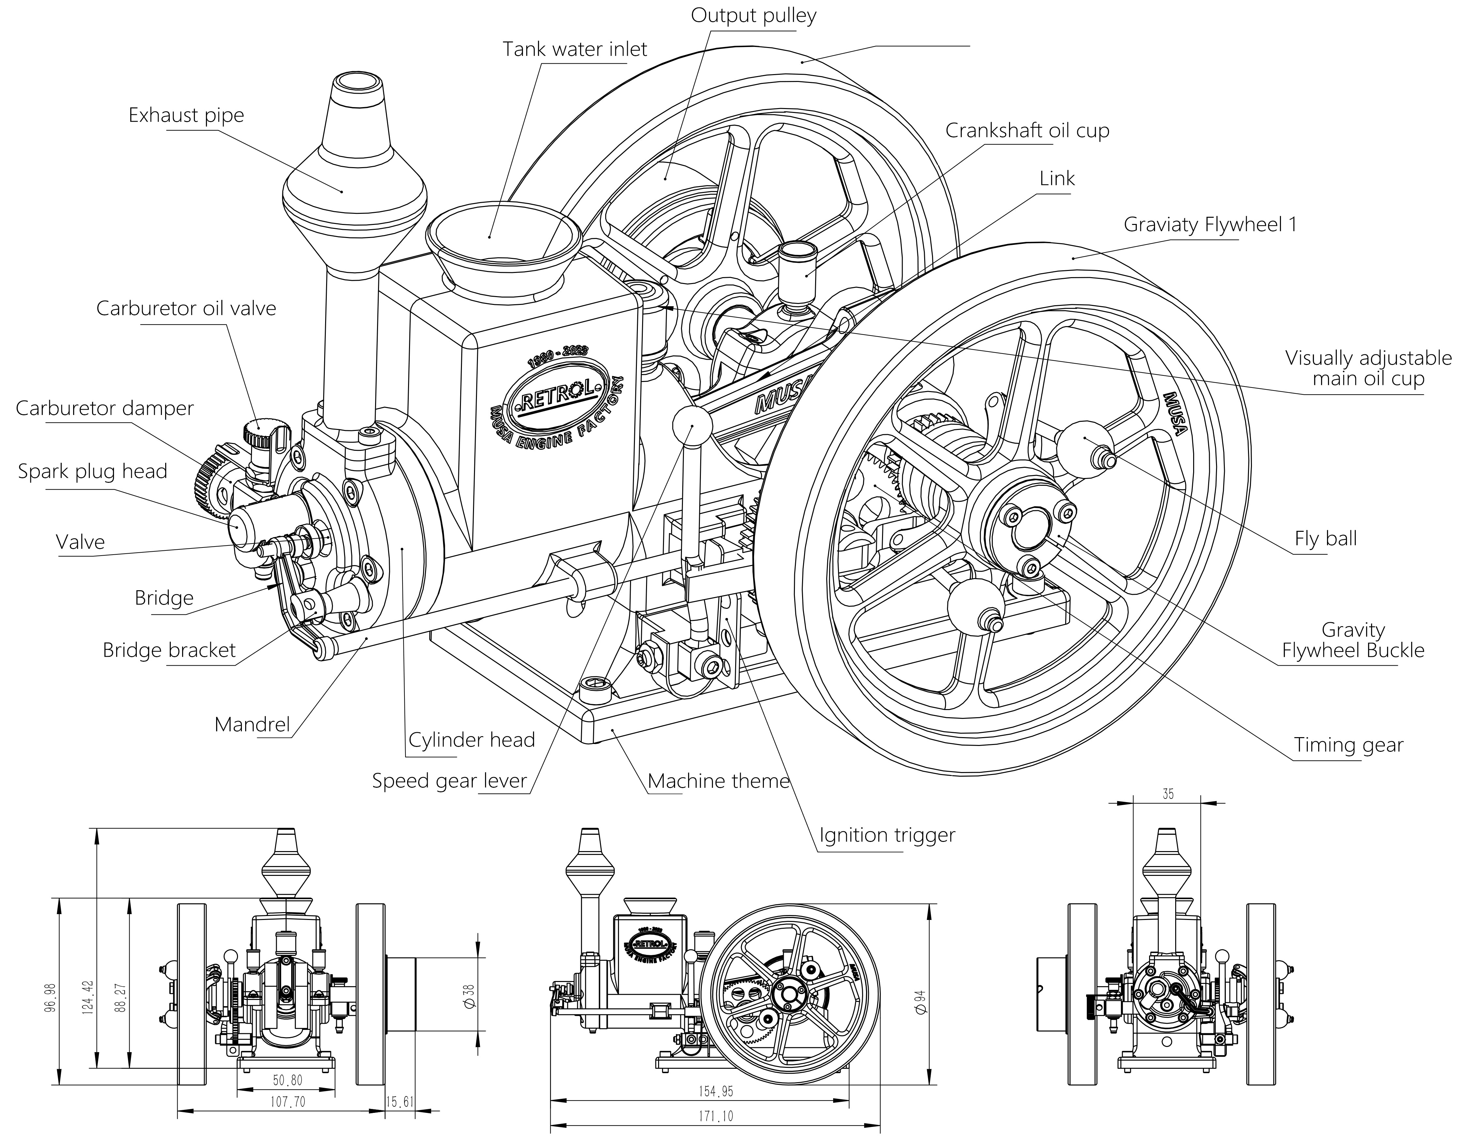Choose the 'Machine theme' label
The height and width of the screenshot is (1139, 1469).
click(718, 781)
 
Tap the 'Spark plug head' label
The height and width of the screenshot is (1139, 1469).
click(92, 471)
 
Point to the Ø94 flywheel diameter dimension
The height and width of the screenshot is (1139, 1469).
click(920, 1003)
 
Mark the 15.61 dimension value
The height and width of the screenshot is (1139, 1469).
click(400, 1102)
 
